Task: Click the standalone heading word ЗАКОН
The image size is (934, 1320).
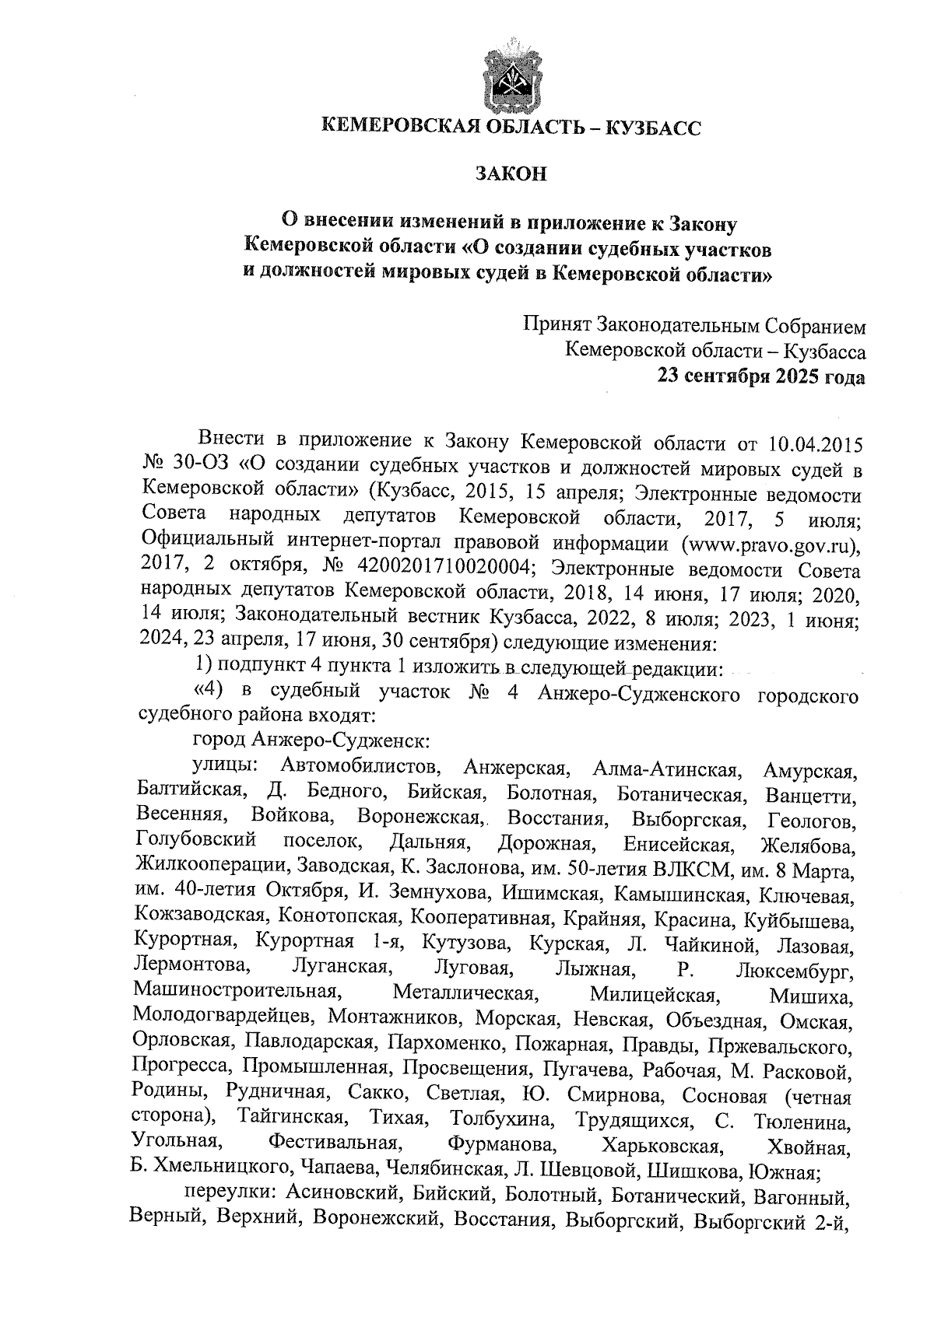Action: click(511, 173)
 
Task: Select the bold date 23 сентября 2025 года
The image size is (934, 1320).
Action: click(761, 377)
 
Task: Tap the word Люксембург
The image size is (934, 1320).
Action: click(795, 972)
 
